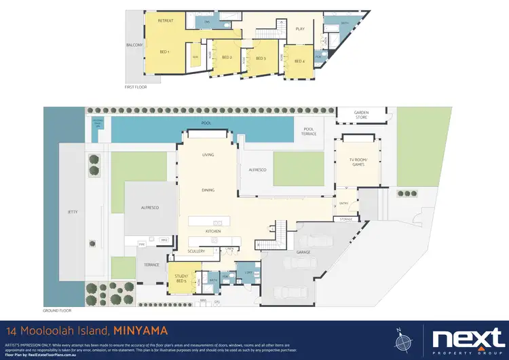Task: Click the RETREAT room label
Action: (x=166, y=21)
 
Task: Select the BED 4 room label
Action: (x=299, y=61)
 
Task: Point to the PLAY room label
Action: (x=300, y=29)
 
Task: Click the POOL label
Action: (x=206, y=123)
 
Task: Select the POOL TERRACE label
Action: (x=309, y=131)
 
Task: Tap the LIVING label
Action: (x=208, y=155)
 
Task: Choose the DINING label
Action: (x=208, y=191)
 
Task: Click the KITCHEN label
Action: (x=214, y=232)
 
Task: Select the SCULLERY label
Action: (x=196, y=251)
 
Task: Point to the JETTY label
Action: (x=73, y=211)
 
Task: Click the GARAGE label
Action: (x=303, y=252)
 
